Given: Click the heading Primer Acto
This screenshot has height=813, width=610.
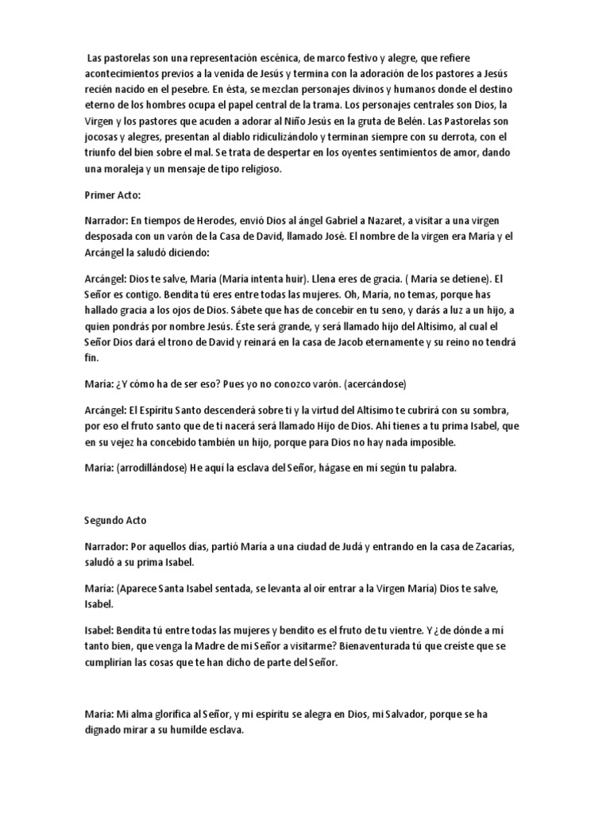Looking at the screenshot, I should coord(111,194).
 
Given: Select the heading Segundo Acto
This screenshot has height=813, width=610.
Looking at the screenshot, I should coord(116,521).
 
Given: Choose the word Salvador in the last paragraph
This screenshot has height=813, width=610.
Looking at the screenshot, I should coord(400,714).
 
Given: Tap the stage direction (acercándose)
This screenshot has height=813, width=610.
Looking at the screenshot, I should coord(366,383).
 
